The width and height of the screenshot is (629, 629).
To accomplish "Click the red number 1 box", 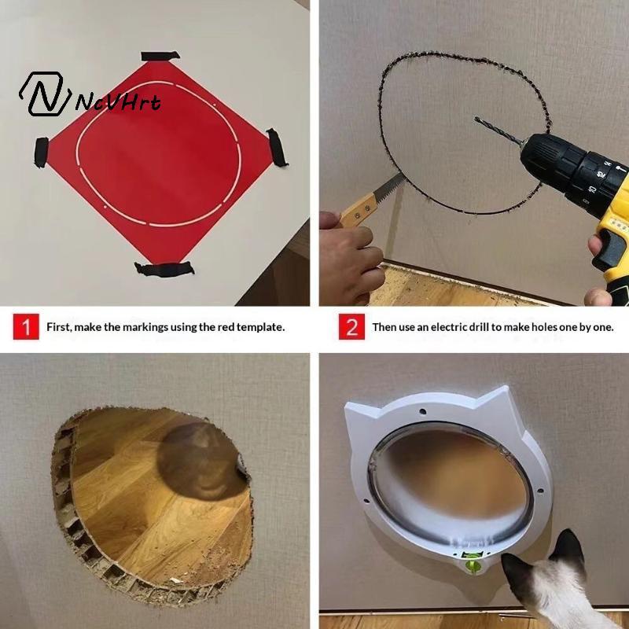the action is click(x=26, y=326).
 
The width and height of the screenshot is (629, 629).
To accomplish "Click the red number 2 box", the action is click(x=351, y=326).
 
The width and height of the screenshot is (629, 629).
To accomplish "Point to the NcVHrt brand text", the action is click(x=119, y=101).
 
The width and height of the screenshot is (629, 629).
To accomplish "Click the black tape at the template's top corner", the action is click(x=160, y=56).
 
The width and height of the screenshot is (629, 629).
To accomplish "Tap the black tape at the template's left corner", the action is click(x=41, y=152).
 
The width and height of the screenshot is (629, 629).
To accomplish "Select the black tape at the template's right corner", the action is click(x=277, y=147).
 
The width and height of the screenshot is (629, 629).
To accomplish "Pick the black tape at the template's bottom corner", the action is click(x=164, y=270).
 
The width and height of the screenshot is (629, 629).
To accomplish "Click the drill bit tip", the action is click(x=476, y=119).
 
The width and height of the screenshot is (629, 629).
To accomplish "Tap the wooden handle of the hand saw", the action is click(x=359, y=210).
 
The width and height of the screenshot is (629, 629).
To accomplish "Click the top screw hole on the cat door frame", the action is click(x=422, y=411).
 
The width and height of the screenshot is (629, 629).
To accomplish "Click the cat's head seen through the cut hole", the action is click(x=200, y=462).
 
